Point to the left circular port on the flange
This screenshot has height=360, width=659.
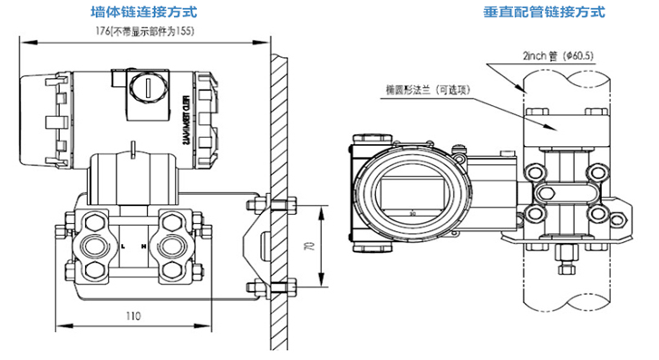[92, 245]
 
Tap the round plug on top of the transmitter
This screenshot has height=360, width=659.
[147, 88]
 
